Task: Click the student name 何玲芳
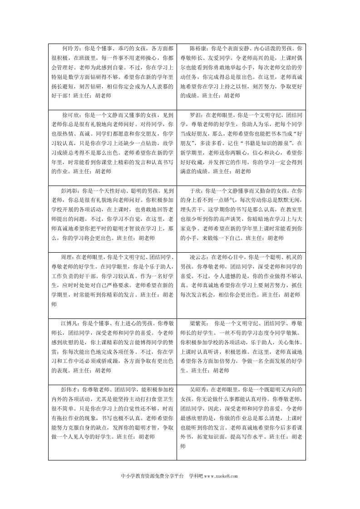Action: (70, 47)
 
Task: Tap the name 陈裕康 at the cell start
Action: (197, 47)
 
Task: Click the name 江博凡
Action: (70, 324)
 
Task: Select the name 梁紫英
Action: (197, 324)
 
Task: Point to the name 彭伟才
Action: (70, 389)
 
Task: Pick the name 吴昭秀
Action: (197, 389)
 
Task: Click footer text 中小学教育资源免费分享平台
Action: (153, 476)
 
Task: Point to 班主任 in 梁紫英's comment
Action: (200, 370)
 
